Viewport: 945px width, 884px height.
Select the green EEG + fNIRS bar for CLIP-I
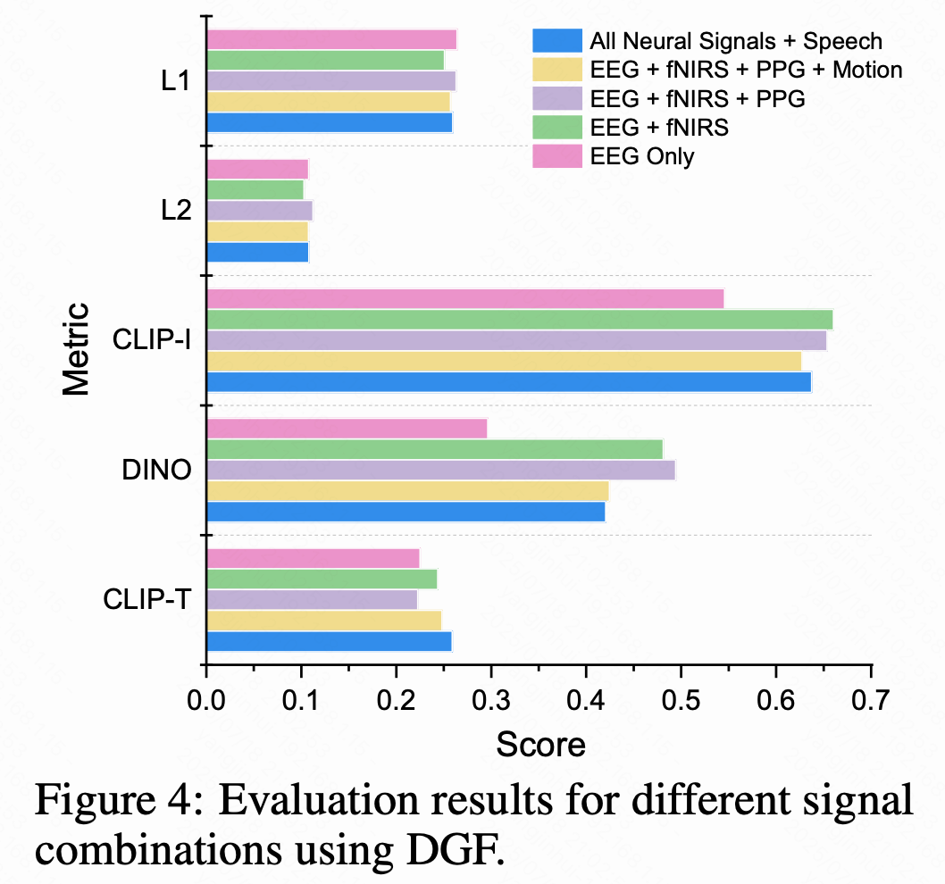[x=519, y=319]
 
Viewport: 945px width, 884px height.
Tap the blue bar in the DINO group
[x=406, y=512]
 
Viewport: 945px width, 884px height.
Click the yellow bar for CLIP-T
[x=323, y=621]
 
